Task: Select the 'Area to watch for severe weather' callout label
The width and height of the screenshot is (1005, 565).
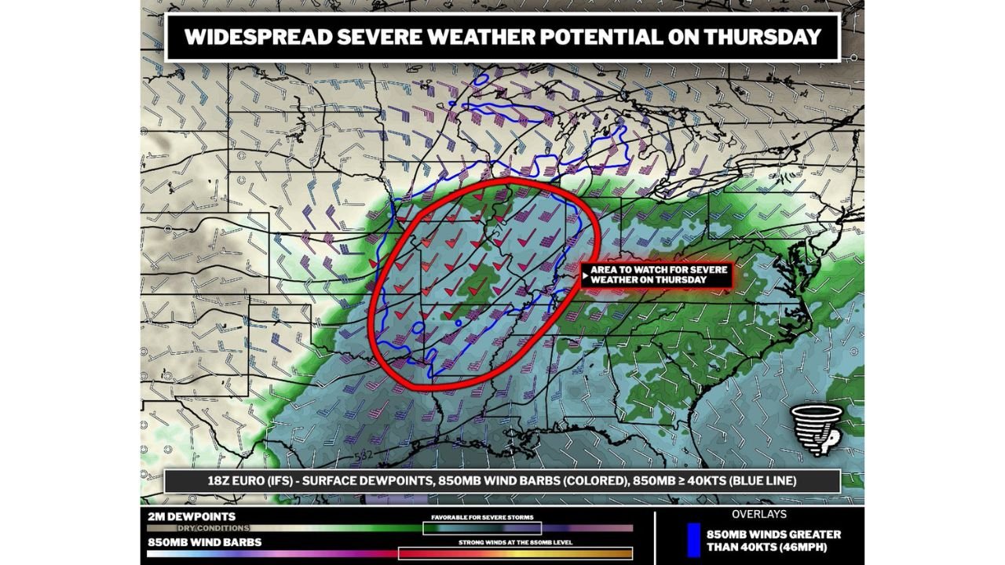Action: pos(658,275)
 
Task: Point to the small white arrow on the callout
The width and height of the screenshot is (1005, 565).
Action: pos(586,275)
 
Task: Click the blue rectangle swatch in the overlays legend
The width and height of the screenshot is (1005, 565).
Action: pos(693,540)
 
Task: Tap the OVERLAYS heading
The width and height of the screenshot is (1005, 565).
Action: pos(758,515)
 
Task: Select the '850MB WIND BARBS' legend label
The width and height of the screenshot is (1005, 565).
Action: pos(204,541)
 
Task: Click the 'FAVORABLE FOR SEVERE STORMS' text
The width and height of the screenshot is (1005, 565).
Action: pos(482,518)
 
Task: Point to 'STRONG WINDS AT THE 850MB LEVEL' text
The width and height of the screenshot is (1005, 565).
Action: pos(515,542)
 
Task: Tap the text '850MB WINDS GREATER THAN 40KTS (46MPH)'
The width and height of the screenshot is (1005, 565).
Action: pos(773,540)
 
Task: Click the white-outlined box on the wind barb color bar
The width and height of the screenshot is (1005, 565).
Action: pos(515,553)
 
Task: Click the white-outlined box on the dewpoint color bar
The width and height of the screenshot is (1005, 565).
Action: pos(482,528)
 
